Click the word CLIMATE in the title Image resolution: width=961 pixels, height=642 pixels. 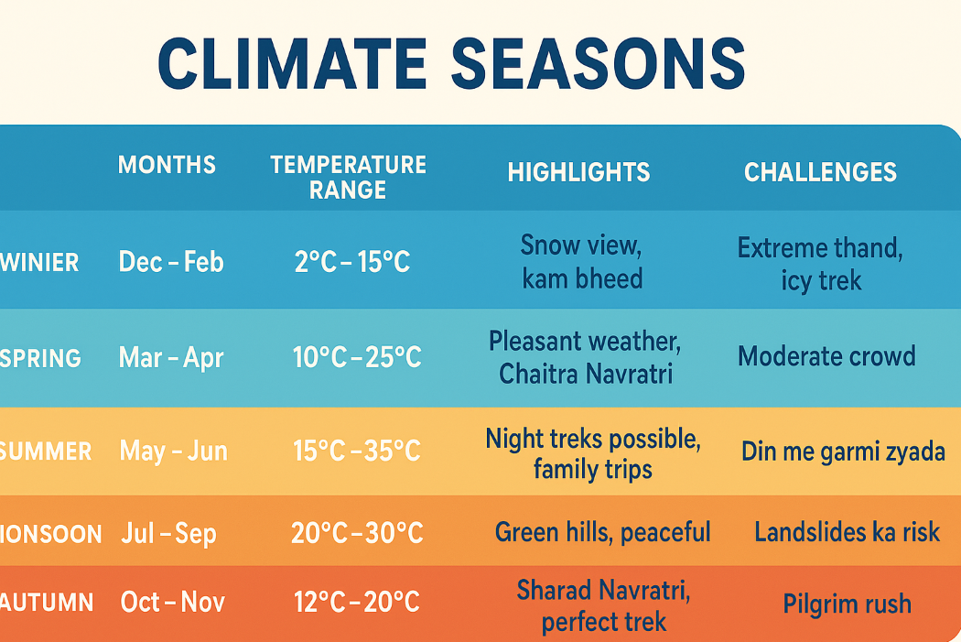click(x=292, y=64)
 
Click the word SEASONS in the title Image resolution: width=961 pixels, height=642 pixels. click(x=599, y=64)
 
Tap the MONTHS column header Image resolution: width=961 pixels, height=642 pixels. click(x=167, y=165)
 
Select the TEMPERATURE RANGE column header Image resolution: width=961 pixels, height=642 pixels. click(x=348, y=177)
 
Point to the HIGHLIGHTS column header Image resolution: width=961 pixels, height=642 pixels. click(x=578, y=172)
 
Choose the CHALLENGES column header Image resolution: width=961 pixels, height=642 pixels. click(x=820, y=172)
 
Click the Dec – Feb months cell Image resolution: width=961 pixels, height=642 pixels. click(x=171, y=262)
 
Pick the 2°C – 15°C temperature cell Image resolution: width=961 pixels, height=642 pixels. click(x=351, y=262)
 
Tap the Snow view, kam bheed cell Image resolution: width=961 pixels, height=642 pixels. click(x=581, y=262)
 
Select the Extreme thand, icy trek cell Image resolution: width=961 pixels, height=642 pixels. click(x=820, y=265)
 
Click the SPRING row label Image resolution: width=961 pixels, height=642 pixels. click(x=40, y=358)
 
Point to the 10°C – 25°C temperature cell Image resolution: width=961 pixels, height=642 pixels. click(x=357, y=357)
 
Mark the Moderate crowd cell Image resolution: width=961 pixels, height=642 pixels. click(x=826, y=356)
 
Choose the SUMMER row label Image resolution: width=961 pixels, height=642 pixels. click(x=46, y=452)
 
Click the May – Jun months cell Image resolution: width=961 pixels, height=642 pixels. click(x=174, y=451)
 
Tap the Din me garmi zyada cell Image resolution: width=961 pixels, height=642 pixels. click(x=843, y=452)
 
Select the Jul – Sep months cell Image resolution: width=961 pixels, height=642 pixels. click(x=168, y=533)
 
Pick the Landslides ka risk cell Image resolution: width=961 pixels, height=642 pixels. click(x=847, y=531)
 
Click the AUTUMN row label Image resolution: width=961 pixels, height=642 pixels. click(x=47, y=602)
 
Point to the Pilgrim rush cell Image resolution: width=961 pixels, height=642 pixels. click(x=847, y=604)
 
